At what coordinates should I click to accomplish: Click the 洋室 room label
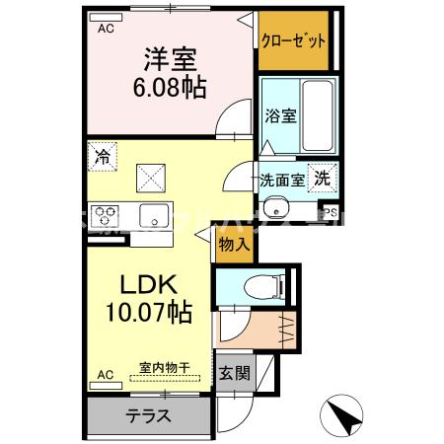tap(169, 58)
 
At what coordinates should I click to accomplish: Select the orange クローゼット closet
tap(293, 41)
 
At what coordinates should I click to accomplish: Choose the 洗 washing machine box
tap(321, 179)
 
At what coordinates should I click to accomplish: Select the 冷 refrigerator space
tap(103, 154)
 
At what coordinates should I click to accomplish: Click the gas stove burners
tap(105, 214)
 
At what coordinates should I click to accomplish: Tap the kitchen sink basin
tap(153, 214)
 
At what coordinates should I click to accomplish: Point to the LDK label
tap(148, 285)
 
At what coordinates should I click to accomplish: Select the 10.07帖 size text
tap(148, 313)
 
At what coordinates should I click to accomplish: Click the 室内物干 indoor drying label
tap(164, 367)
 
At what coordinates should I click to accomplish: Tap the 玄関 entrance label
tap(234, 374)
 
